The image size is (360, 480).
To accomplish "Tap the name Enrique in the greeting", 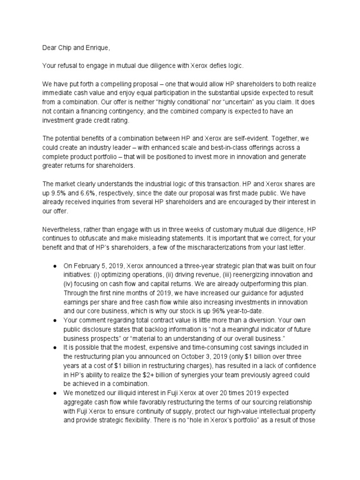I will pos(98,48).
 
